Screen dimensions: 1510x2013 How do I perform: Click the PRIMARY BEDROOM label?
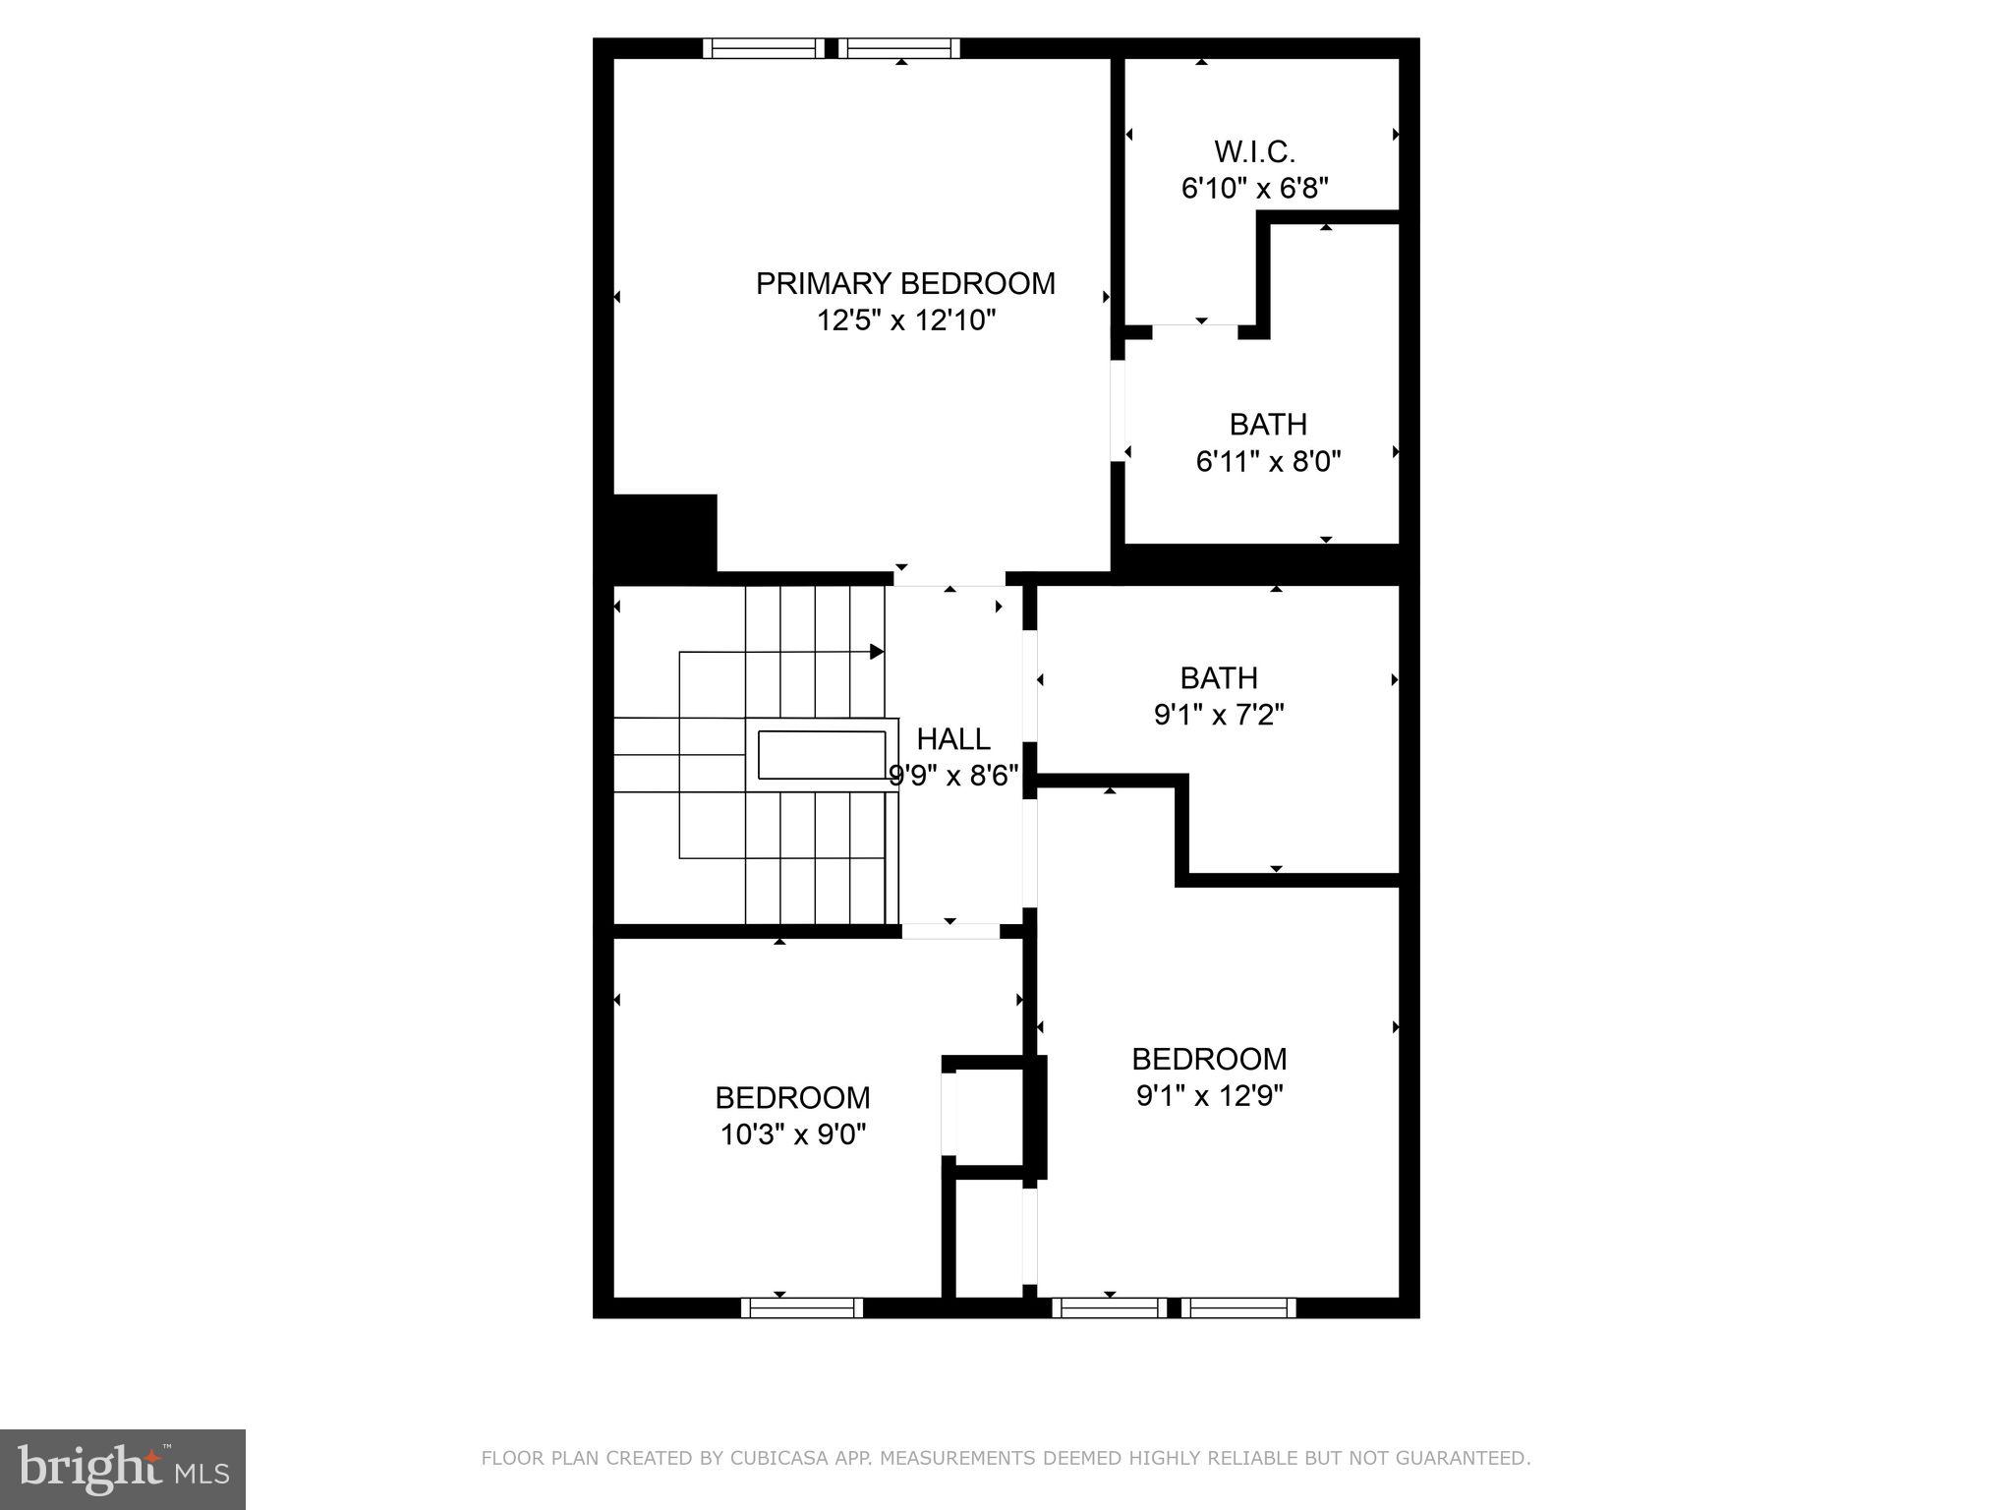(x=904, y=283)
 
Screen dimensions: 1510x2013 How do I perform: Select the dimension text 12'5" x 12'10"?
(x=905, y=320)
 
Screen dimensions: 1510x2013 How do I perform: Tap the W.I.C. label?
(x=1254, y=151)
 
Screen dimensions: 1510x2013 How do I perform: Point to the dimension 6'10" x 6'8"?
(x=1254, y=188)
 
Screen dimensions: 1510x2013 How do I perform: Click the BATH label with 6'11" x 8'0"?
(x=1268, y=424)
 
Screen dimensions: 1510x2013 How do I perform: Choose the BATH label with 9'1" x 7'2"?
(x=1218, y=677)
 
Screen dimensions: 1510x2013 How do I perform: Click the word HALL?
(x=952, y=738)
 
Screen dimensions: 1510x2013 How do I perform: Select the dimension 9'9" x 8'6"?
(x=952, y=776)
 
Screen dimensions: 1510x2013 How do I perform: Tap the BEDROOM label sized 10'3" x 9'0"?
(x=792, y=1097)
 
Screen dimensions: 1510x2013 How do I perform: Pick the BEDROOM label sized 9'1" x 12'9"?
(x=1208, y=1059)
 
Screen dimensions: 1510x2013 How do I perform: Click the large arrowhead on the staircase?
(x=877, y=652)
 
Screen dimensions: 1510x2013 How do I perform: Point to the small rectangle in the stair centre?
(x=821, y=755)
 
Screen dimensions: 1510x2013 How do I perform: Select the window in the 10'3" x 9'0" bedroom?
(x=801, y=1307)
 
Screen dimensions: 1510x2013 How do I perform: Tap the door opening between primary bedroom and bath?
(x=1118, y=411)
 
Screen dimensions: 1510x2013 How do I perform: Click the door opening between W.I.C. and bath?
(x=1194, y=331)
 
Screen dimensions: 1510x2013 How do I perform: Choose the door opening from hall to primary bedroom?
(x=949, y=578)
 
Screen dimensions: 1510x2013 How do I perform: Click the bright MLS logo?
(x=122, y=1469)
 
